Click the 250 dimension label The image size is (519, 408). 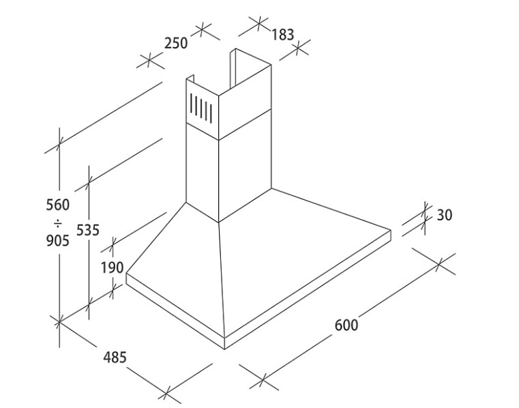[x=176, y=43]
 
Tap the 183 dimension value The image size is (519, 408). [x=282, y=35]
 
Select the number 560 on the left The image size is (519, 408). [x=58, y=205]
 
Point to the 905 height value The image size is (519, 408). [x=58, y=240]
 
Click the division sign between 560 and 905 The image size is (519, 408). [x=58, y=223]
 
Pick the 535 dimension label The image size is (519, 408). [x=88, y=230]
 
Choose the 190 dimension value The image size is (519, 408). [x=113, y=267]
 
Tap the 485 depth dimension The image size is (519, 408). [x=115, y=358]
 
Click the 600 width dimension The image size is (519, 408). [x=346, y=325]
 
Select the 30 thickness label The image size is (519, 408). [x=445, y=216]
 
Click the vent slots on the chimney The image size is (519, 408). [x=201, y=107]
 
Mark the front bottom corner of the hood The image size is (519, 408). [x=225, y=349]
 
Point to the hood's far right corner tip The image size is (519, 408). [x=391, y=230]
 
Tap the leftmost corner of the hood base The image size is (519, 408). [x=126, y=274]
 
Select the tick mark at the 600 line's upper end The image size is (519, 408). [x=439, y=264]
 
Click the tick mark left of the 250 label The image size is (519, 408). [x=149, y=61]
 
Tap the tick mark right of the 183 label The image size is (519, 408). [x=297, y=49]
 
